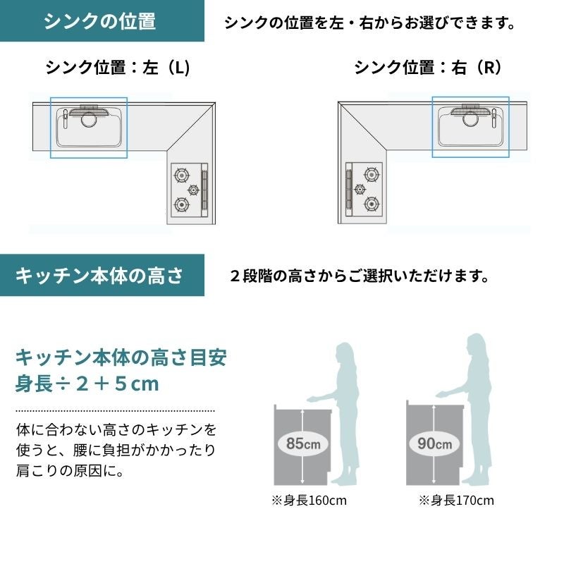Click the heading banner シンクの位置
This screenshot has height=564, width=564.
click(102, 20)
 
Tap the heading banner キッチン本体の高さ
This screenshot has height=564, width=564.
click(102, 275)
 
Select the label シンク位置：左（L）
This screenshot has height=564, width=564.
click(118, 67)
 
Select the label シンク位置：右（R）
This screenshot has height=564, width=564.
click(427, 67)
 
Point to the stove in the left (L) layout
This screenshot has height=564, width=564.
click(189, 190)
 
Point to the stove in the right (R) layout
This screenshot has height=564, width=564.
click(364, 190)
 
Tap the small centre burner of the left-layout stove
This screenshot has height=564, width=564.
click(193, 190)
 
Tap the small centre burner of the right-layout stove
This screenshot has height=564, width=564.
click(360, 189)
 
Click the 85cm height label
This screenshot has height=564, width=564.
click(303, 443)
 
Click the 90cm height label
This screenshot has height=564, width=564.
click(434, 443)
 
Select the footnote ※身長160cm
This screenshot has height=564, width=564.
click(309, 501)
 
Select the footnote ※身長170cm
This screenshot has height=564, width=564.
click(456, 501)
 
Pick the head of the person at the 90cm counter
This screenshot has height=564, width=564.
click(476, 345)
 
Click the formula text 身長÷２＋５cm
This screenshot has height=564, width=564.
click(87, 384)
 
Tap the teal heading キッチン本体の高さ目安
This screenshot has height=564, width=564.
click(121, 357)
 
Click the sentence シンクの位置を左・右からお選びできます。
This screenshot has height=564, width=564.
click(370, 23)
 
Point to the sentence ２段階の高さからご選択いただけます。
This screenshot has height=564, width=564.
click(360, 276)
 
